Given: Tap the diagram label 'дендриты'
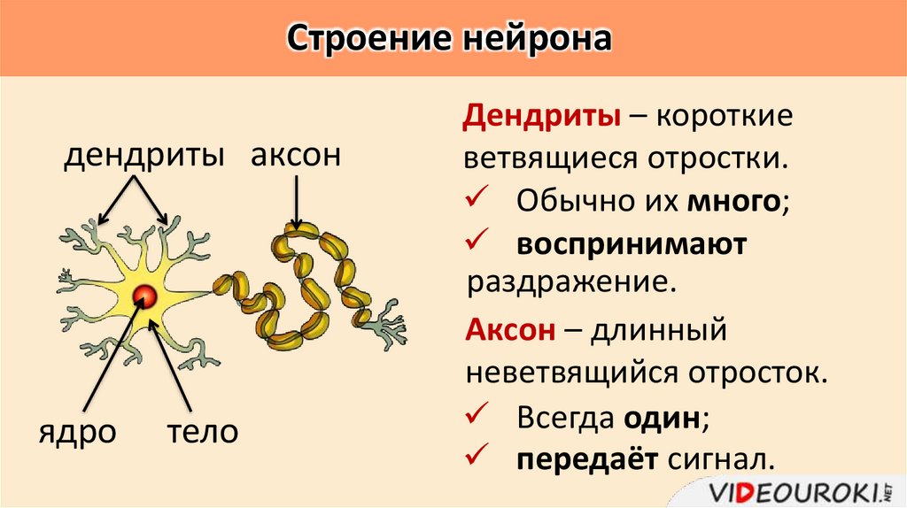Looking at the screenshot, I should (x=143, y=157).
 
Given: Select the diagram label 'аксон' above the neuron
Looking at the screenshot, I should (x=295, y=157).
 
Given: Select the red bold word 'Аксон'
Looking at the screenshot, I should (x=510, y=330).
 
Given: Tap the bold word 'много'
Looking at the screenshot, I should (x=734, y=201).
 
